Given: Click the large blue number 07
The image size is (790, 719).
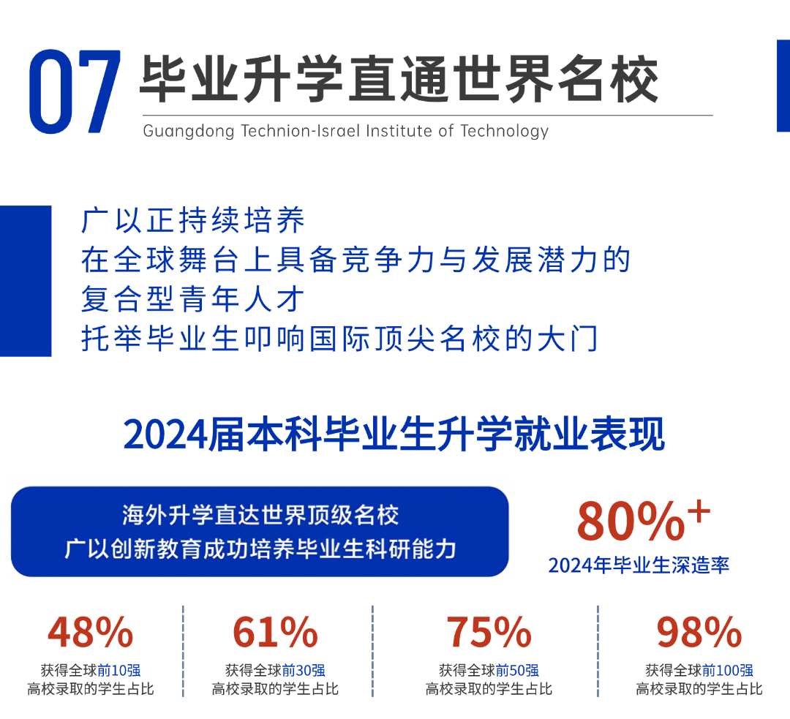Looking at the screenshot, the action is pos(75,91).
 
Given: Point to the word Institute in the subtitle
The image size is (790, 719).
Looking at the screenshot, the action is pos(399,131).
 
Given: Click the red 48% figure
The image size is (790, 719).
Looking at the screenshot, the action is pos(91,633).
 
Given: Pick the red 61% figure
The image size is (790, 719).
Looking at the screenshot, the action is pos(275,633).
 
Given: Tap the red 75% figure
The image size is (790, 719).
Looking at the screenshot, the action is pos(489,633).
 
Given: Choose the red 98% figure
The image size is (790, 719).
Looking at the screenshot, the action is pos(699,633).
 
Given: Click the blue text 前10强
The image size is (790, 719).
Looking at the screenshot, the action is pos(119,670).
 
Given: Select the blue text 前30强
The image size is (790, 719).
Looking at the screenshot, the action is pos(304,670).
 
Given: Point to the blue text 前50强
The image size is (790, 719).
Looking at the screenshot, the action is pos(517,670).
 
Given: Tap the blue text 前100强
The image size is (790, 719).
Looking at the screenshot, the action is pos(728,670).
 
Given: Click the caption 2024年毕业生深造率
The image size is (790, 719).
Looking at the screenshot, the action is pos(639,565).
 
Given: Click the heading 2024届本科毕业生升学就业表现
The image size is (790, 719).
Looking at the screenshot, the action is pos(394,434).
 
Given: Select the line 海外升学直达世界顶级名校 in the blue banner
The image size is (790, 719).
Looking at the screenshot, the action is pos(260,515).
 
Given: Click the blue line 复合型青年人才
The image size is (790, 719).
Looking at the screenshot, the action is pos(193,298).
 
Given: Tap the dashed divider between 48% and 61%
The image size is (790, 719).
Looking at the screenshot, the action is pos(183,651).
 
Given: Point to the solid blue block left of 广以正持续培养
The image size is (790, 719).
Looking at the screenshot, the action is pos(26,281).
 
